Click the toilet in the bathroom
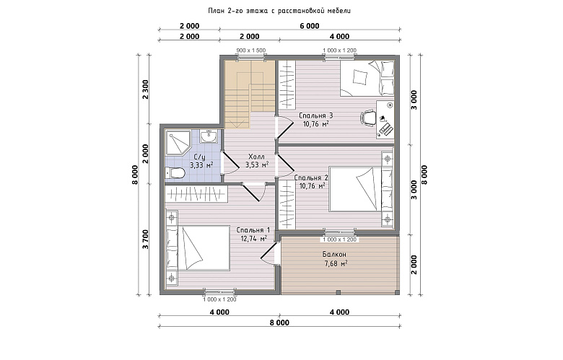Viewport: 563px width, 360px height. (x=175, y=173)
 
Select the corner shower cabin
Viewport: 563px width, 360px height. (x=178, y=143)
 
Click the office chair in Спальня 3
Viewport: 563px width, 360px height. (x=367, y=118)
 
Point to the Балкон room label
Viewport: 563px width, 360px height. (x=334, y=255)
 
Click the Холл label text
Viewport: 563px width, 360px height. (x=256, y=157)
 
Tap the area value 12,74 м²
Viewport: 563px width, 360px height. (x=254, y=239)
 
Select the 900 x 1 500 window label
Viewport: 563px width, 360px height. (x=251, y=51)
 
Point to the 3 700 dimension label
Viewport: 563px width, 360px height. (x=146, y=240)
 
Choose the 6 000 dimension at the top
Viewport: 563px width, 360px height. (x=310, y=26)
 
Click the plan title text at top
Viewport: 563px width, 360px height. (x=279, y=11)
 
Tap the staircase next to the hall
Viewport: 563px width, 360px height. (x=250, y=94)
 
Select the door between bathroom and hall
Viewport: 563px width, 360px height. (x=229, y=163)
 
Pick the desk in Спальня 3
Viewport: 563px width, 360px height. (x=385, y=119)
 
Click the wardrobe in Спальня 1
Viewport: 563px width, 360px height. (x=196, y=194)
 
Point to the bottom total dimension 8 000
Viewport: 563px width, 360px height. (x=279, y=322)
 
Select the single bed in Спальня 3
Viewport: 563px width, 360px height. (x=367, y=78)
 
